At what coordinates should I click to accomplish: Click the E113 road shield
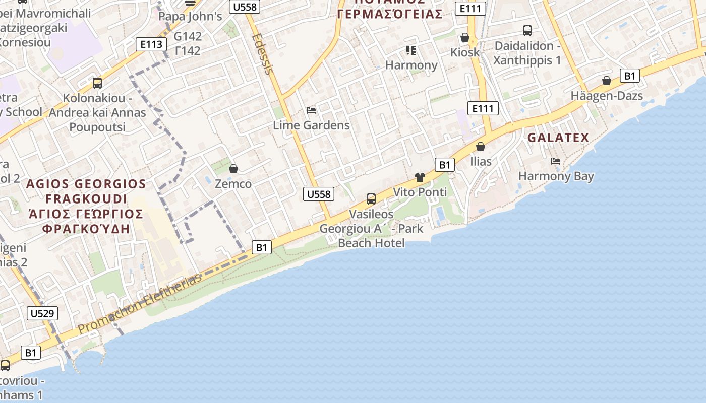(151, 44)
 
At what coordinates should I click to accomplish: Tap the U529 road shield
(42, 313)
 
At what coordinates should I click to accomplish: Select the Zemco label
(233, 184)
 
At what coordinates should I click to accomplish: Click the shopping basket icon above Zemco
(233, 169)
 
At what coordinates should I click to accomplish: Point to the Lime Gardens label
(311, 125)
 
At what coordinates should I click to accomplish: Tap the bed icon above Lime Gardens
(311, 110)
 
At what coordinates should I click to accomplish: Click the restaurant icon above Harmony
(411, 50)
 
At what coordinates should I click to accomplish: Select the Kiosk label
(465, 52)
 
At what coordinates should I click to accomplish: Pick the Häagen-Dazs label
(607, 96)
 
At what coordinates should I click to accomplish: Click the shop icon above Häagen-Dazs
(607, 81)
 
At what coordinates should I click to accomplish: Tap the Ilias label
(481, 161)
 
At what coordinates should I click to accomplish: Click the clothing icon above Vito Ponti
(420, 177)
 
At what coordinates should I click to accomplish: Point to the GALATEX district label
(558, 138)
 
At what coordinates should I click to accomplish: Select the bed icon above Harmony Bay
(556, 161)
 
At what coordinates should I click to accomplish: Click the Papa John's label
(190, 16)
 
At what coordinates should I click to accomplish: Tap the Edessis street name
(263, 53)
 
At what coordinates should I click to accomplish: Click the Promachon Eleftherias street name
(140, 303)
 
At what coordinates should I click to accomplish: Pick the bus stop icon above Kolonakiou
(97, 83)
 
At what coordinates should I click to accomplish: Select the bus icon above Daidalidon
(527, 31)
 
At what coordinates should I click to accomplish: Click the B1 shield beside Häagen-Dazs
(629, 76)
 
